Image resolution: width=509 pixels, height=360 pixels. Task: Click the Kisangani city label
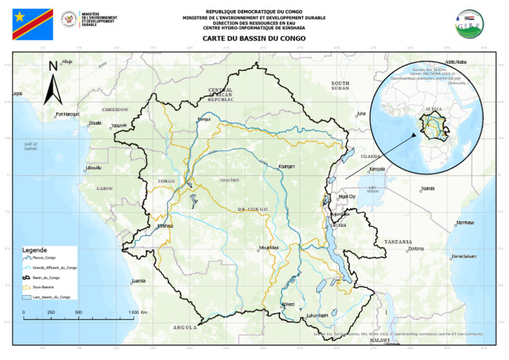pos(286,166)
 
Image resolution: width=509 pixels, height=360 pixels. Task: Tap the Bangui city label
pos(203,119)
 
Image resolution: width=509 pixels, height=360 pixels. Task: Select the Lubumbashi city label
pos(317,315)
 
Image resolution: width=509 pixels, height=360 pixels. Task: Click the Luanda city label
pos(139,281)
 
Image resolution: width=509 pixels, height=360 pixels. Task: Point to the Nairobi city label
pos(427,189)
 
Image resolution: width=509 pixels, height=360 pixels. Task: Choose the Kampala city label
pos(377,169)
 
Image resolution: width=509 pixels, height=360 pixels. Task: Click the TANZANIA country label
pos(398,242)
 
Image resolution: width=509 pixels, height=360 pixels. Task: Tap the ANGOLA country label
pos(185,328)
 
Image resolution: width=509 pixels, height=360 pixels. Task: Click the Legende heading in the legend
pos(34,250)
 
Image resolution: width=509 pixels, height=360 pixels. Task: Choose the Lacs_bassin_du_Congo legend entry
pos(51,297)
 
